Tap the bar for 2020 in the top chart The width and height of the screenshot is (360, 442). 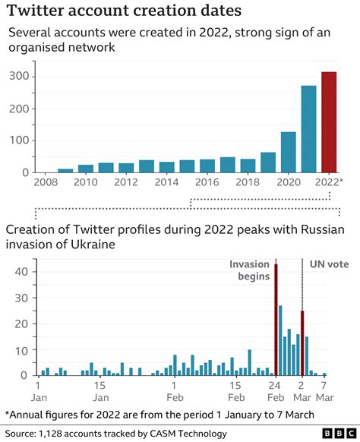point(289,153)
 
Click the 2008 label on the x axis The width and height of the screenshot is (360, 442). point(46,184)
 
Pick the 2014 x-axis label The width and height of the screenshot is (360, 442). point(167,184)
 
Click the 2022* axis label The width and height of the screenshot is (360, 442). point(330,184)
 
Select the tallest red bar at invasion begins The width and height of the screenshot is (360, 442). point(276,319)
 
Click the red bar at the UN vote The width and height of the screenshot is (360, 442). point(302,343)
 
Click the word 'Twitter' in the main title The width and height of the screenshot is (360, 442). point(38,12)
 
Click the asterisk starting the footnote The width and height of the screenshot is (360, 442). point(8,413)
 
